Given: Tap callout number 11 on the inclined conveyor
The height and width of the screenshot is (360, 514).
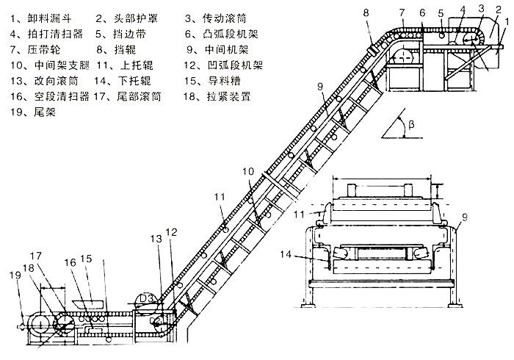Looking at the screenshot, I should click(220, 197).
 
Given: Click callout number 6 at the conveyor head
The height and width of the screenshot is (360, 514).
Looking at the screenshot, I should click(422, 12).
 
